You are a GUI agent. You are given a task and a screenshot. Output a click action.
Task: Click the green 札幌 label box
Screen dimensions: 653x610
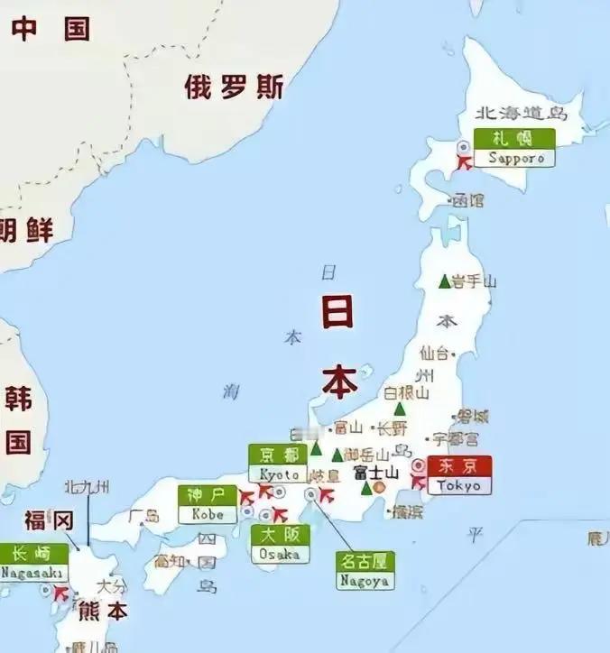512,138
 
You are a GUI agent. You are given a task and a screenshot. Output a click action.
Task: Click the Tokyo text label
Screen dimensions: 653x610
460,485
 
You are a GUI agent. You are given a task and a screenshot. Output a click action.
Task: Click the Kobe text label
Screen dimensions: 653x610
208,514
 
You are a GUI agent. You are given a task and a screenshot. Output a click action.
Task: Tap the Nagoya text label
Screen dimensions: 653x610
365,581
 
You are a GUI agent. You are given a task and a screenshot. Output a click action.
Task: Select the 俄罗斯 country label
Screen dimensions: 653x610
234,87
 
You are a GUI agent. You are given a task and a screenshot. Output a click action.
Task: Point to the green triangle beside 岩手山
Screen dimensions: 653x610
444,281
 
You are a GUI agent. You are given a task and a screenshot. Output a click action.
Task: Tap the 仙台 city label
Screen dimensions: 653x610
434,352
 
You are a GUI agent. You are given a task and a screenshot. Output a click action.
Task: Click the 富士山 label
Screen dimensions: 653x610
375,473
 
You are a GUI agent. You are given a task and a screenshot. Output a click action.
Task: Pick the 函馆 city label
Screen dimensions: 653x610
468,200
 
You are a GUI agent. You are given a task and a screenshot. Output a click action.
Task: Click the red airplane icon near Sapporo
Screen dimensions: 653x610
465,162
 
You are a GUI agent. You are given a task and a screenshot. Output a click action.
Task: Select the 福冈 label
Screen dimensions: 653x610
47,520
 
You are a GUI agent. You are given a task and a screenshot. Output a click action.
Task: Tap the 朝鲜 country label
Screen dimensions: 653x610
27,230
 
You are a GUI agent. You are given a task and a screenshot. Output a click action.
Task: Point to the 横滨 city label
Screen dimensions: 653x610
407,511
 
